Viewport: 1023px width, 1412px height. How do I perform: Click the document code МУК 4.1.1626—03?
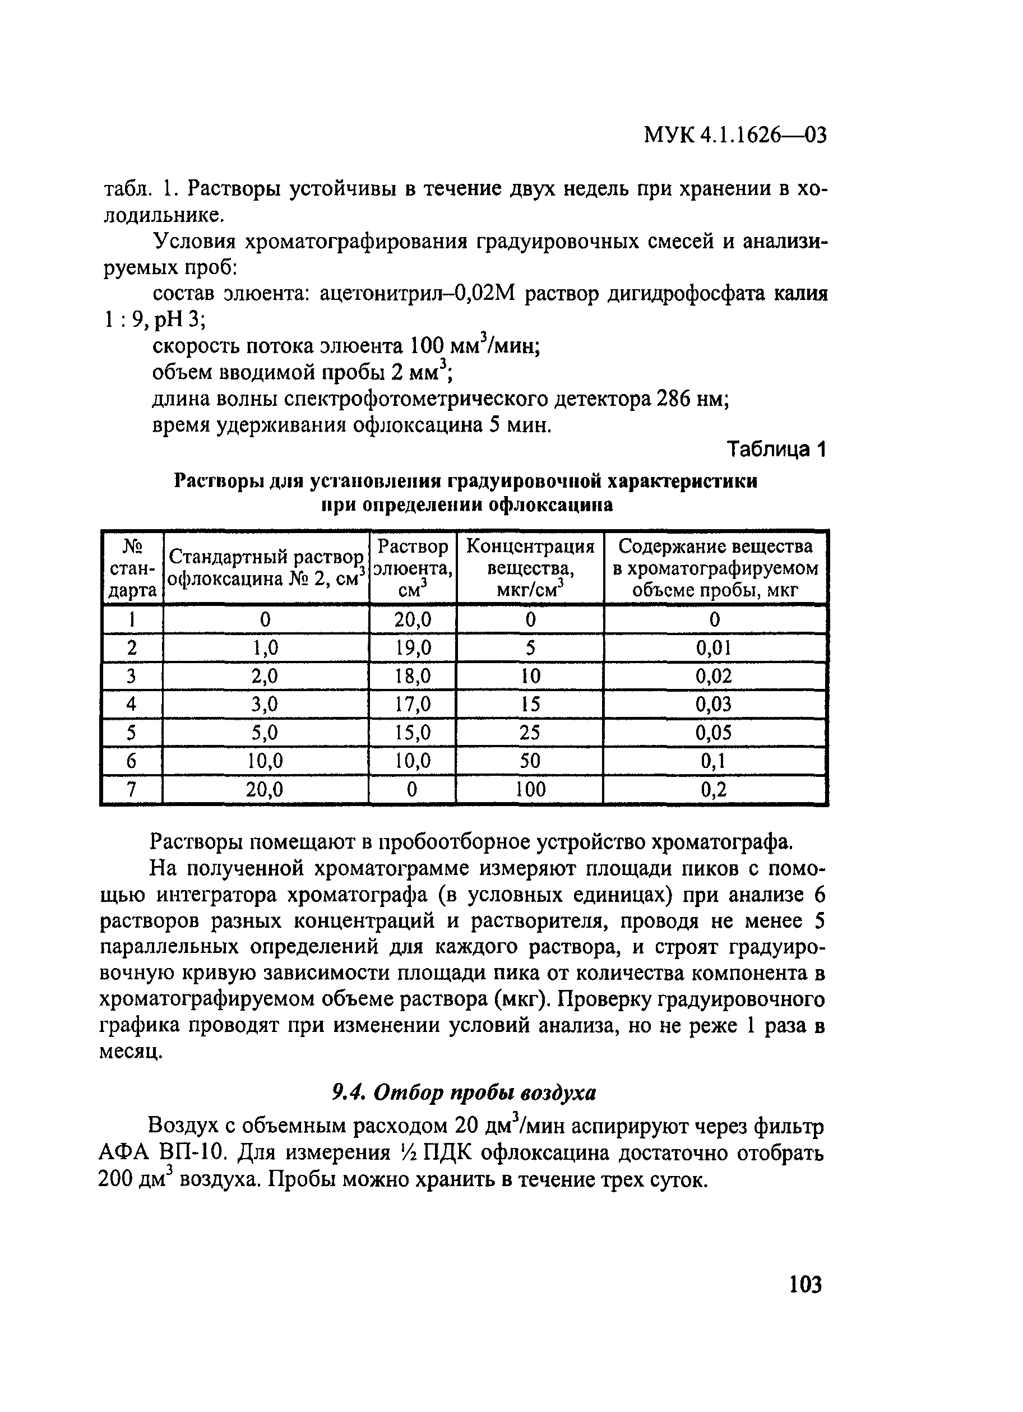point(735,135)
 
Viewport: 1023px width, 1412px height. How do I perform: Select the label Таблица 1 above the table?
point(776,450)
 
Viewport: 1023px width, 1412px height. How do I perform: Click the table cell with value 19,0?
point(413,648)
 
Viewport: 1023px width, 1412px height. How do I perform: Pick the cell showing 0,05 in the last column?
point(714,733)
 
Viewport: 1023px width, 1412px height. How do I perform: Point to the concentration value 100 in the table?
point(530,789)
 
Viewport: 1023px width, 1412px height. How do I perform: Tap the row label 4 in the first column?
point(131,704)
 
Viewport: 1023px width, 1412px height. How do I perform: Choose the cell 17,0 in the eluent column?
point(413,704)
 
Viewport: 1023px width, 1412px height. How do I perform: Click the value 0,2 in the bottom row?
point(714,789)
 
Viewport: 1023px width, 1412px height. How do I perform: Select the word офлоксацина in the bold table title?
point(550,504)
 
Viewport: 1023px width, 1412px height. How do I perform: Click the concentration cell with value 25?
point(530,733)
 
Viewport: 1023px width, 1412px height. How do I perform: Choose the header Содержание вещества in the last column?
point(715,546)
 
